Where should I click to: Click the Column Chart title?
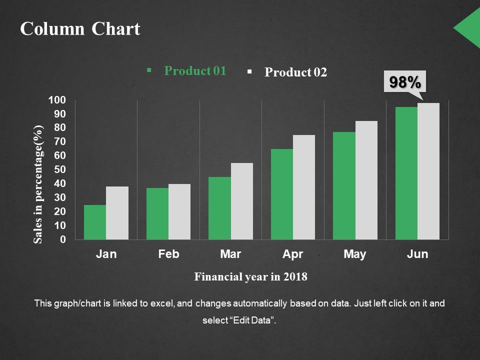(x=80, y=29)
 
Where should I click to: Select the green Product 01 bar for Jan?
(x=95, y=222)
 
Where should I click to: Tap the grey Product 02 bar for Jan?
(x=117, y=213)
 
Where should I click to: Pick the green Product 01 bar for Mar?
(x=219, y=208)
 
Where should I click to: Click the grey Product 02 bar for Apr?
(x=304, y=187)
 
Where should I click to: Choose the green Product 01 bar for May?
(x=344, y=186)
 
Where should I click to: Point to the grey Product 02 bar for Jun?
(x=428, y=171)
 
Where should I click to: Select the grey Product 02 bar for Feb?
(x=179, y=212)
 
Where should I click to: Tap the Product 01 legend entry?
(x=195, y=71)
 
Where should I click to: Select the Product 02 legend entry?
(x=295, y=72)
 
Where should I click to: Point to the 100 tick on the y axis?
(x=56, y=100)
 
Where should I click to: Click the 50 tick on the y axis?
(x=59, y=170)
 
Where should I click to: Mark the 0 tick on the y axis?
(x=62, y=240)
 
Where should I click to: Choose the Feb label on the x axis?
(x=168, y=254)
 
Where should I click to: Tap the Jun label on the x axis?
(x=417, y=254)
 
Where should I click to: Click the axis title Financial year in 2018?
(x=250, y=276)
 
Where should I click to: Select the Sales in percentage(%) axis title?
(x=39, y=184)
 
